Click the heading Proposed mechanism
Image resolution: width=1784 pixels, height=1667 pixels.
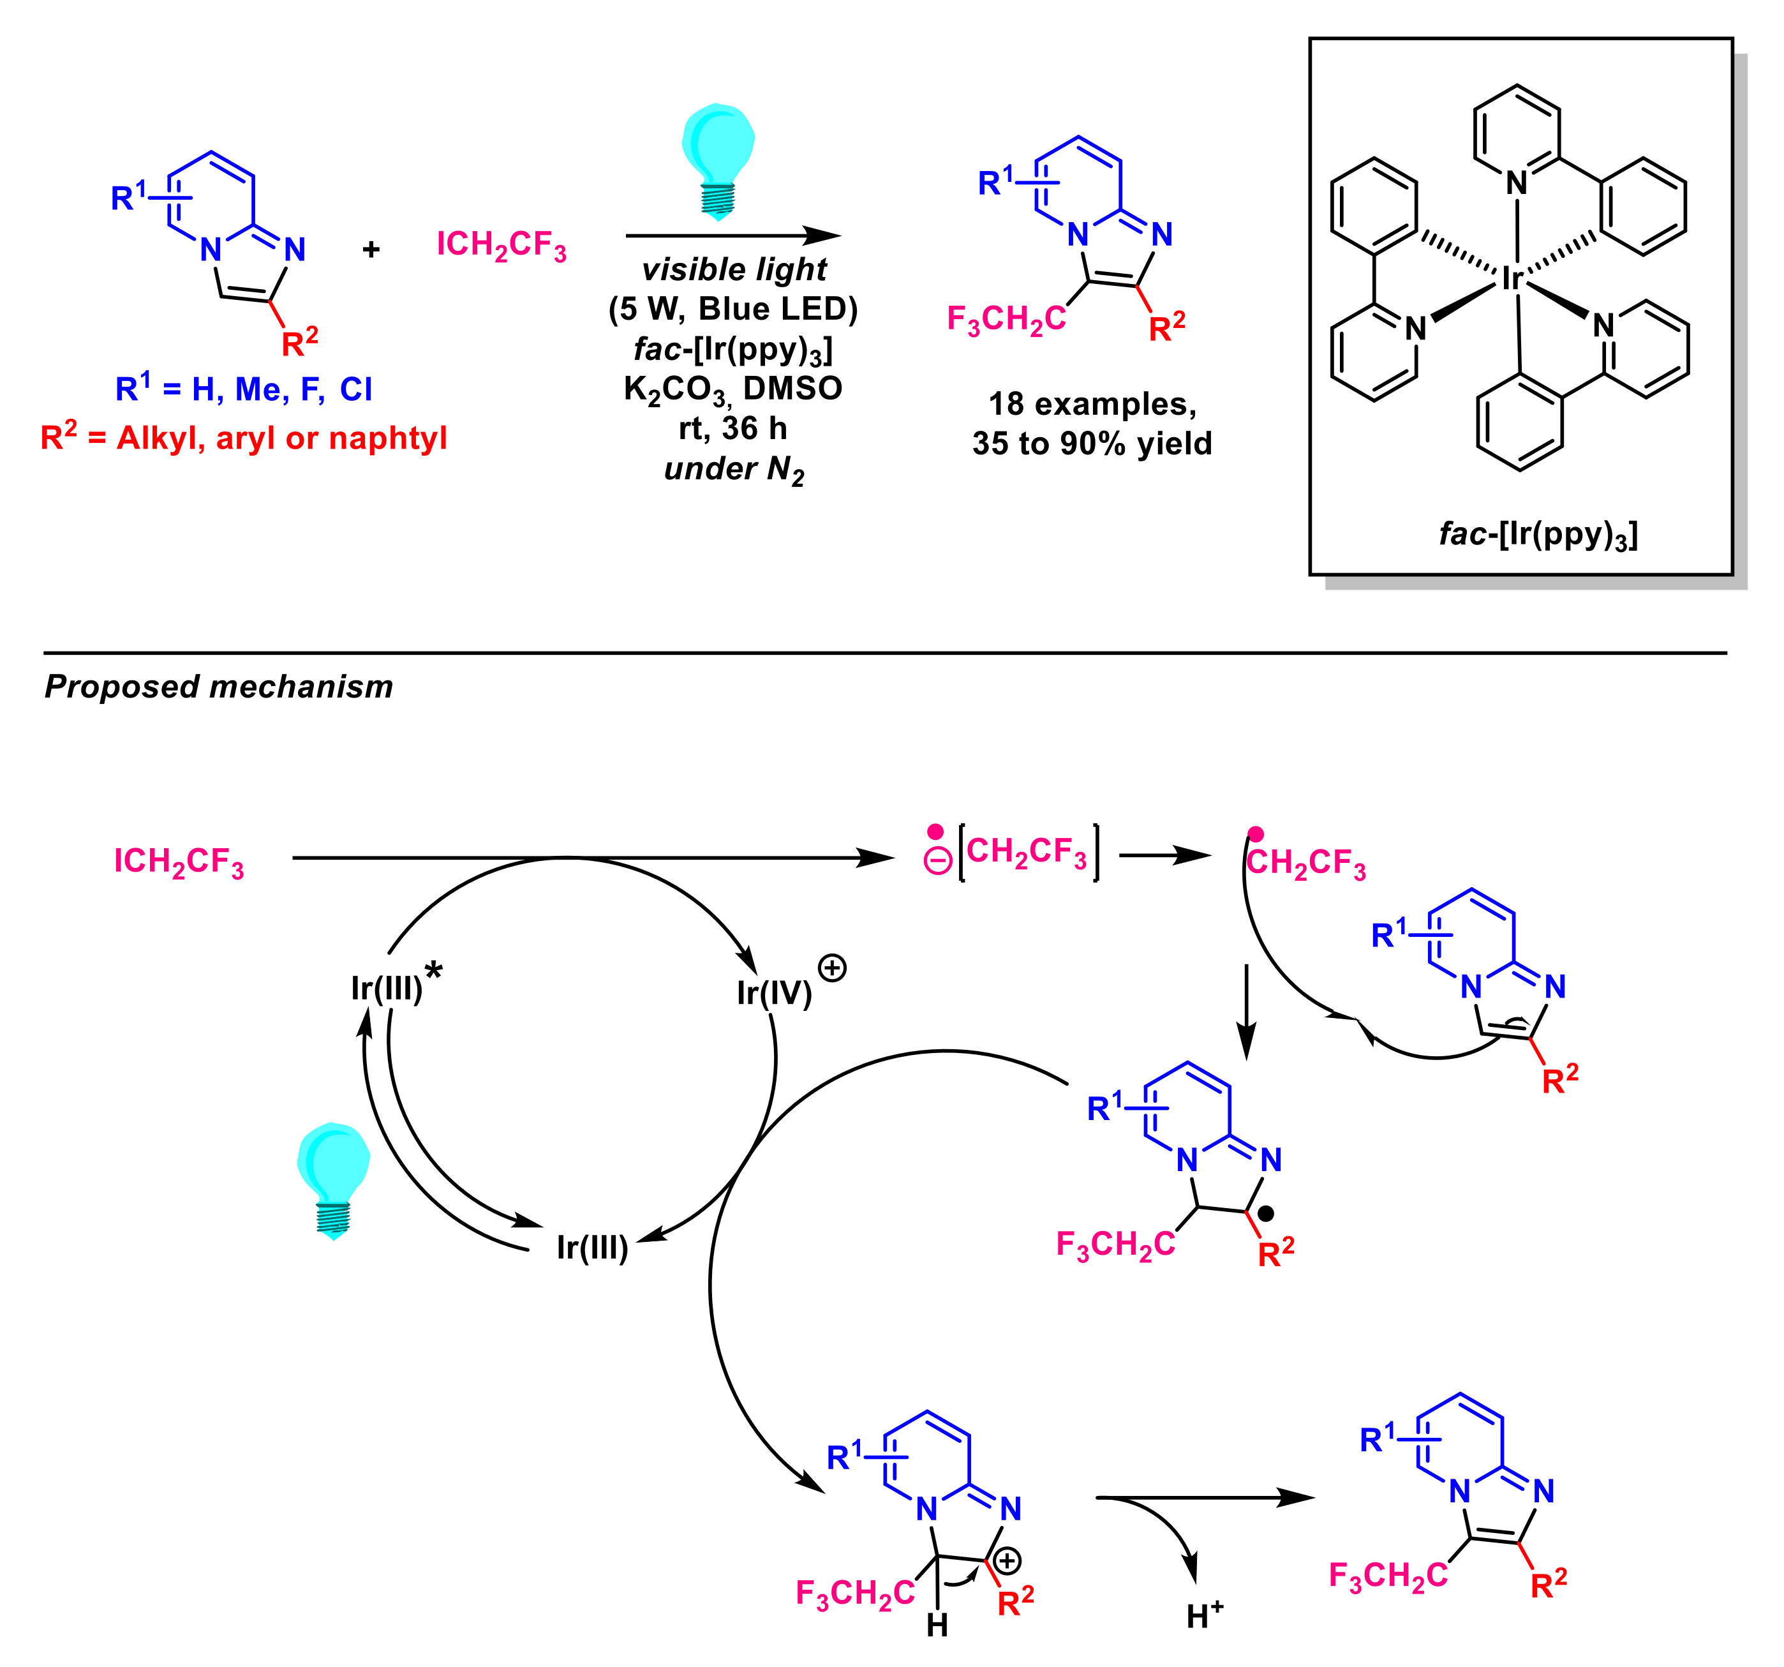218,687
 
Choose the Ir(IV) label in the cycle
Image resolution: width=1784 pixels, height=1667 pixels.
773,992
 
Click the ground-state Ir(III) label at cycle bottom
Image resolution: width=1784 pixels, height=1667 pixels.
591,1247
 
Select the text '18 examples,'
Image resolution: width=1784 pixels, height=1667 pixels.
1092,404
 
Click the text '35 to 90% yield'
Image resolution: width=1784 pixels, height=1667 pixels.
1092,444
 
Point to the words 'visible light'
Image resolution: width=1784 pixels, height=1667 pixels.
734,269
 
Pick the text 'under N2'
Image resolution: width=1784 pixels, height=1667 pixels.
734,470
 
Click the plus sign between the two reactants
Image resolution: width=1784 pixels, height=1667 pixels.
371,250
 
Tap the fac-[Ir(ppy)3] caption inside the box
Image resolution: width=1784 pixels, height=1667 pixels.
1538,535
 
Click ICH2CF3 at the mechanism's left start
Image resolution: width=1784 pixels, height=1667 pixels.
179,862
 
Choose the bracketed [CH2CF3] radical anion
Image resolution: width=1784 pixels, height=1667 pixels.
1027,852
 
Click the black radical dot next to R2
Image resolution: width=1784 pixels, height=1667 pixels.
1266,1214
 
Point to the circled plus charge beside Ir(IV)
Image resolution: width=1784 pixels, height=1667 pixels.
832,968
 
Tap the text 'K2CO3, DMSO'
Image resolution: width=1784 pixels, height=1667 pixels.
733,389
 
